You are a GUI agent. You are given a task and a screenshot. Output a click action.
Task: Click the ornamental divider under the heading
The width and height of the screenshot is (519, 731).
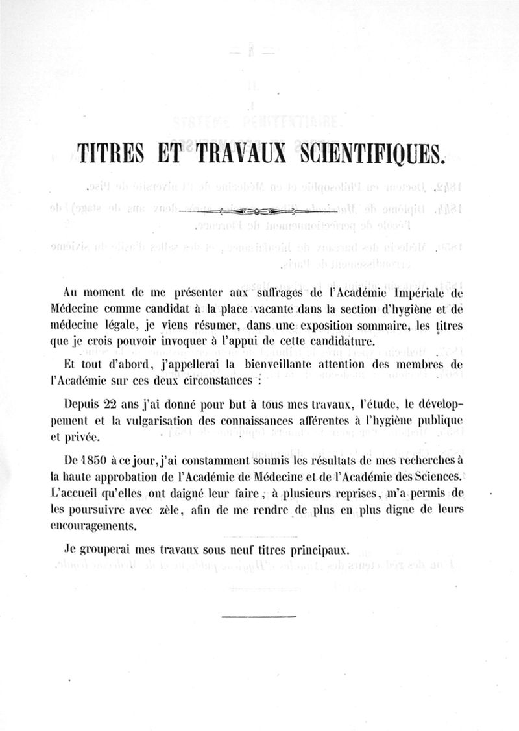tap(259, 212)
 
